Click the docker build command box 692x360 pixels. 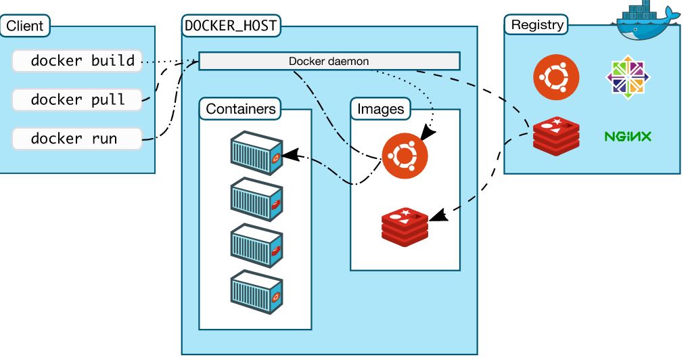click(x=77, y=61)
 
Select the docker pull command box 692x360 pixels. click(x=77, y=99)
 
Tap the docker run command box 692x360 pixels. click(x=77, y=139)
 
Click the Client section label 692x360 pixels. click(x=24, y=26)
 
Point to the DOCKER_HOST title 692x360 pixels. click(x=231, y=26)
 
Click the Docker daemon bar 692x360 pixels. click(x=329, y=61)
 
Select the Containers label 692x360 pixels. click(x=241, y=108)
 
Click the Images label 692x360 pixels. click(x=380, y=108)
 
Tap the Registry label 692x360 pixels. click(x=536, y=25)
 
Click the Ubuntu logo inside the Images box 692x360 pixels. click(x=404, y=155)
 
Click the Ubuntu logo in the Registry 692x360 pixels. click(x=556, y=77)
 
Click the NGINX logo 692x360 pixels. click(x=627, y=137)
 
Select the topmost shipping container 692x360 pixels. click(x=256, y=152)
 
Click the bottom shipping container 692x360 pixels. click(x=256, y=292)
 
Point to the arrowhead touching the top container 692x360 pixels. click(x=287, y=155)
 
